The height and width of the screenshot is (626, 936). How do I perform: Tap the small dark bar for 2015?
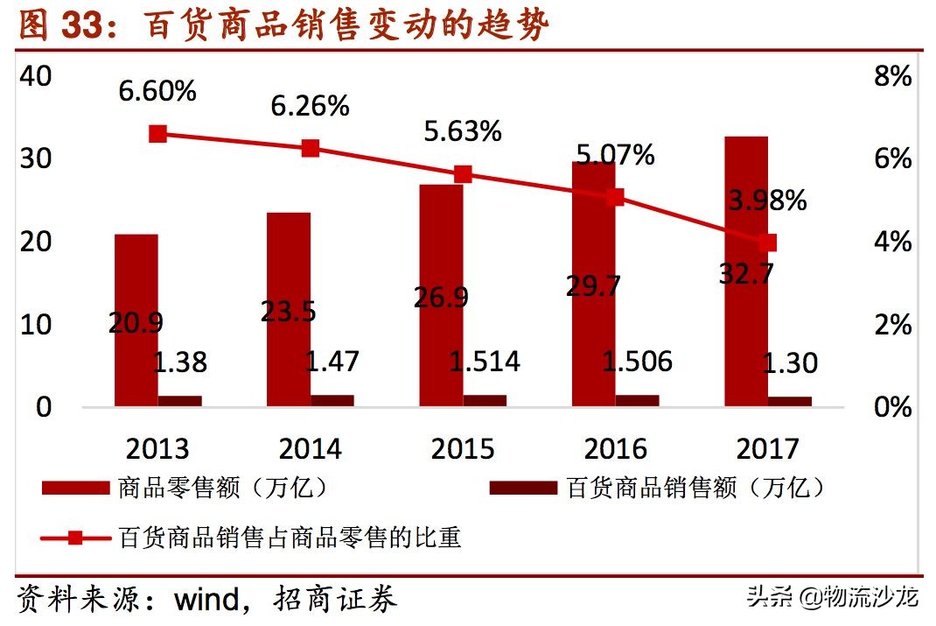[x=485, y=400]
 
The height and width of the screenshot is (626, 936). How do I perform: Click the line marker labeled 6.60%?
[x=157, y=134]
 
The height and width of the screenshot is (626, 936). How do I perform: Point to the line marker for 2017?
[x=768, y=243]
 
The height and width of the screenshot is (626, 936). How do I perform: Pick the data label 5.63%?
[x=463, y=131]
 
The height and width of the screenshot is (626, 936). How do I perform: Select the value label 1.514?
[x=485, y=361]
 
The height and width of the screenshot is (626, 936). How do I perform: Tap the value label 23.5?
[x=289, y=311]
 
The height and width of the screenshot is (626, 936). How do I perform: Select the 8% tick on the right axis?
[x=892, y=76]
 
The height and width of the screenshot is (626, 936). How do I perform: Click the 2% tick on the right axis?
[x=892, y=325]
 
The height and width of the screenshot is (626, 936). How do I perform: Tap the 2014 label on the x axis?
[x=310, y=449]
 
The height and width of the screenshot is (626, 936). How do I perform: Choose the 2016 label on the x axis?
[x=615, y=449]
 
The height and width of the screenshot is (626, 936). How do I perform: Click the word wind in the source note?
[x=206, y=600]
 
